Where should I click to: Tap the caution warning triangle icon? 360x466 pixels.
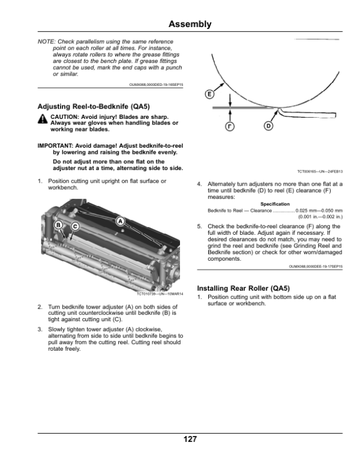[x=43, y=120]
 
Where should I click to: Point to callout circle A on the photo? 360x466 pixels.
[x=121, y=221]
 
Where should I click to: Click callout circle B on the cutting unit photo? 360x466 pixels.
[x=59, y=225]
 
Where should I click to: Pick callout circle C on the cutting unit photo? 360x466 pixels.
[x=76, y=226]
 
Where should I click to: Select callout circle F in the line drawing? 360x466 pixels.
[x=230, y=126]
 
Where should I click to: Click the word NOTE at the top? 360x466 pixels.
[x=46, y=41]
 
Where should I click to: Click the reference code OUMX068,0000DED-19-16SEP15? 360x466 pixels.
[x=156, y=85]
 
